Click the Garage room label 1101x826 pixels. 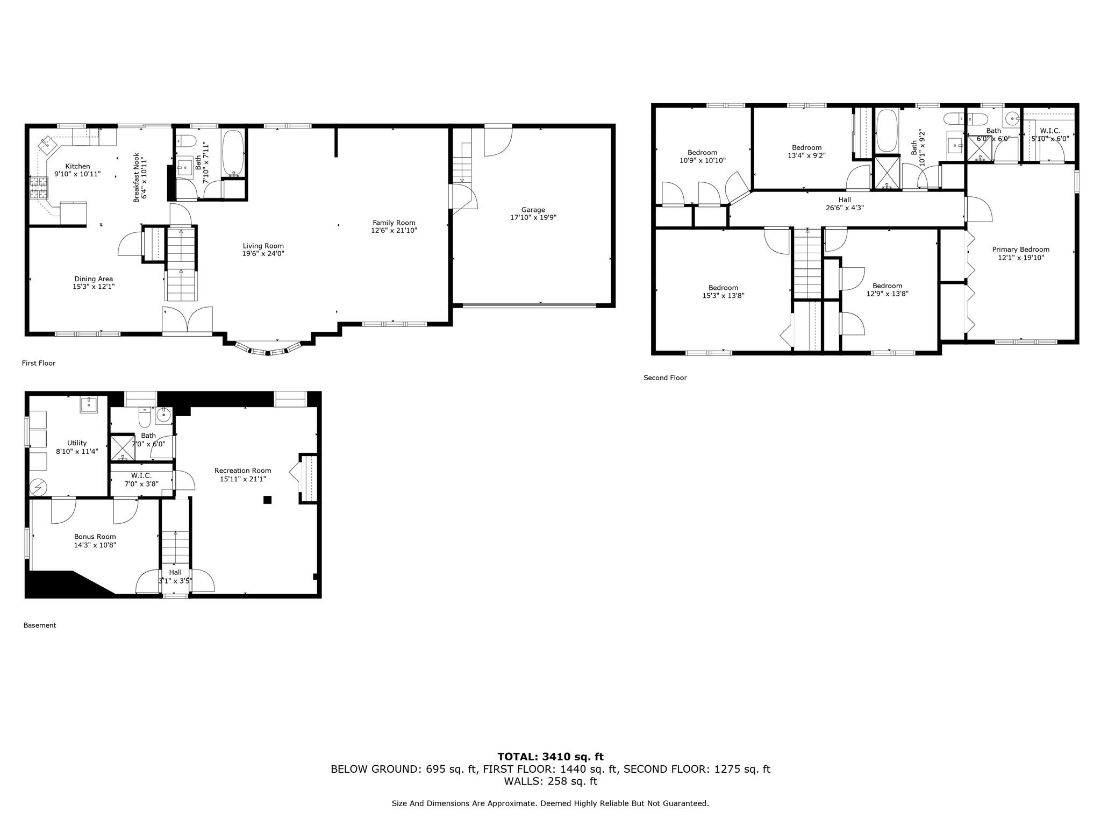coord(533,210)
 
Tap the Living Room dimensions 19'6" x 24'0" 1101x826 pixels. coord(263,254)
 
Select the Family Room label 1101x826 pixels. coord(394,223)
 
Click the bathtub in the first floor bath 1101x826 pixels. coord(233,153)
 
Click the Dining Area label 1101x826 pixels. coord(94,279)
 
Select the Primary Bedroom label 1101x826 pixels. coord(1020,250)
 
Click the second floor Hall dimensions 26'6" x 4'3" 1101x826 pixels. coord(845,208)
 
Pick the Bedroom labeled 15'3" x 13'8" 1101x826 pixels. coord(723,288)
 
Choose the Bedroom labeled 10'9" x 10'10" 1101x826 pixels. coord(702,152)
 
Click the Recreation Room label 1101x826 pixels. coord(242,471)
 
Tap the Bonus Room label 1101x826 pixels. coord(95,537)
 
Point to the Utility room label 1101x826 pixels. coord(77,443)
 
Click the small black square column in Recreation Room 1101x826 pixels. coord(267,500)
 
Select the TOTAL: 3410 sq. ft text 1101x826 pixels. coord(550,757)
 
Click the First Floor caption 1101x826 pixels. coord(39,363)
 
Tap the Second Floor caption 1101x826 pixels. coord(665,378)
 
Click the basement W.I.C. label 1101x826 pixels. coord(141,476)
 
